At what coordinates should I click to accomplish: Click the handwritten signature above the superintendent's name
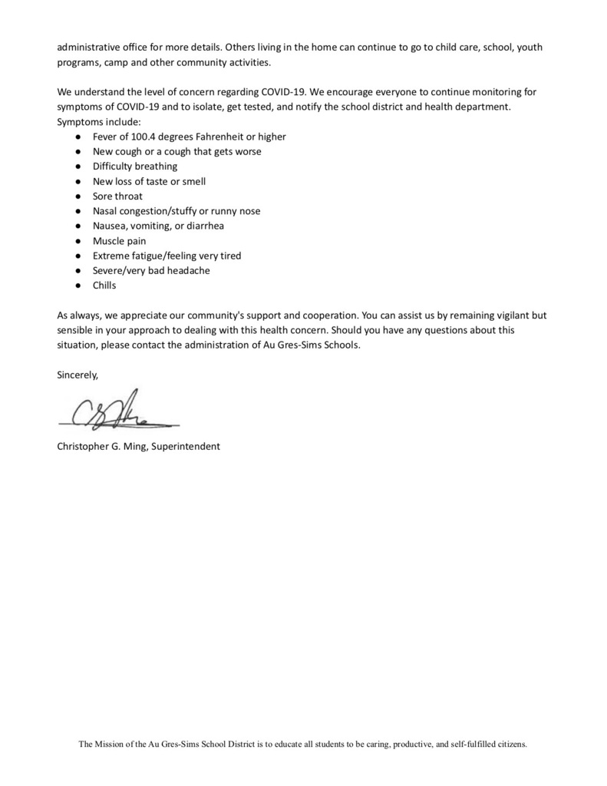(x=115, y=412)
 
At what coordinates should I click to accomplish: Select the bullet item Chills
(x=104, y=285)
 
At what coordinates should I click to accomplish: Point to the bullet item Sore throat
(x=117, y=196)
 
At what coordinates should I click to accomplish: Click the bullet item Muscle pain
(x=119, y=240)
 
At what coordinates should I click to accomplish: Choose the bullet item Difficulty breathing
(x=135, y=166)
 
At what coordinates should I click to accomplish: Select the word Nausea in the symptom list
(x=111, y=226)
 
